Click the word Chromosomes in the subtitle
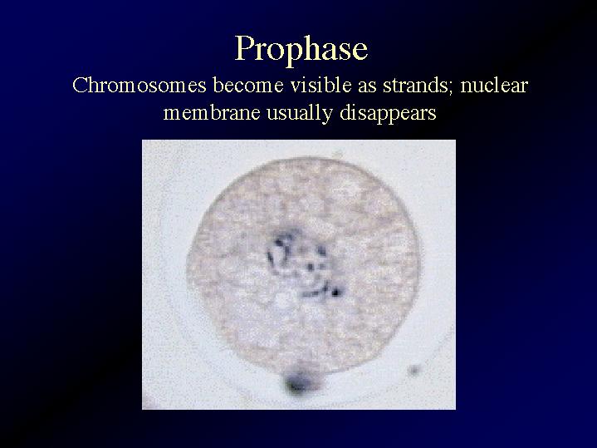click(x=139, y=85)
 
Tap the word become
click(x=248, y=85)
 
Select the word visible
click(x=321, y=85)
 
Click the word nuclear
click(x=494, y=86)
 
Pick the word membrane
click(x=212, y=113)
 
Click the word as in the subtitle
click(x=367, y=88)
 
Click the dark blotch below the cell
click(x=298, y=382)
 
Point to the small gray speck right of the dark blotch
click(x=413, y=370)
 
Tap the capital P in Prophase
click(x=246, y=48)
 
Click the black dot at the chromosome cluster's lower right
click(x=335, y=293)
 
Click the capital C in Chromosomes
click(x=80, y=86)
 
